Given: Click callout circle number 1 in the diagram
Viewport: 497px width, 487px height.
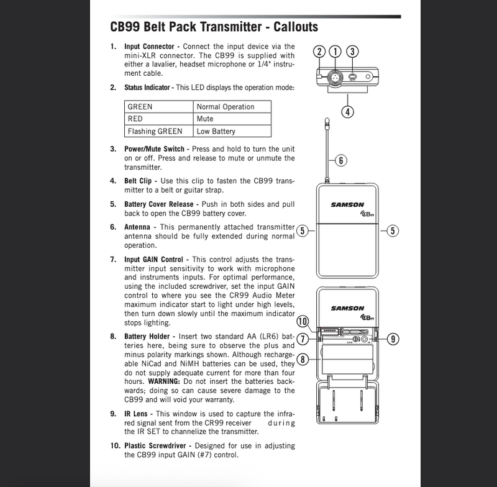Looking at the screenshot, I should (335, 52).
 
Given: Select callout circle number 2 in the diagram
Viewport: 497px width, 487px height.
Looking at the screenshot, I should (319, 52).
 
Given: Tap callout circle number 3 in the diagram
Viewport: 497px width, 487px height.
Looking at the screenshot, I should (351, 52).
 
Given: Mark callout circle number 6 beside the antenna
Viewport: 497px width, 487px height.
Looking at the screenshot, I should (341, 160).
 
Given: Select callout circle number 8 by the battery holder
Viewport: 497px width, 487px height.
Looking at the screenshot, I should (303, 358).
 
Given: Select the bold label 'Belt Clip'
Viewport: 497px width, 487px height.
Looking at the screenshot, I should (139, 181).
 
